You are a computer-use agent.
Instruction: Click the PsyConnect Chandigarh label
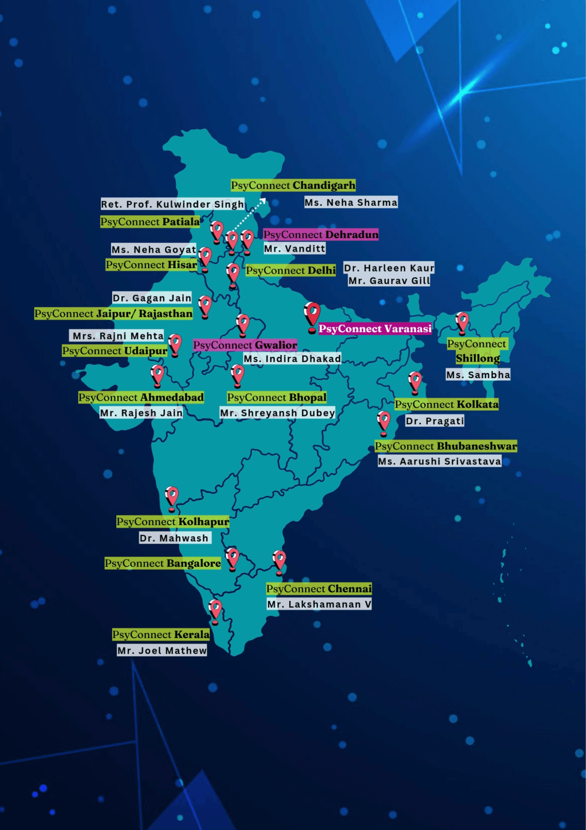293,185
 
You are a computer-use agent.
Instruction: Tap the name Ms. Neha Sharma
351,203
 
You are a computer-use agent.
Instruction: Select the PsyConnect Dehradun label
321,235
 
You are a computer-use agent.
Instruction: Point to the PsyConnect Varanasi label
375,329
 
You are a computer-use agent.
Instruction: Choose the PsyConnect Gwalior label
245,345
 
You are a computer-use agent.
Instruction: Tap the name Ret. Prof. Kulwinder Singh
173,204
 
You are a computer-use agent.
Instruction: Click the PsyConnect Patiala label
150,222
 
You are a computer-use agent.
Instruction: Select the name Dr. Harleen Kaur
389,268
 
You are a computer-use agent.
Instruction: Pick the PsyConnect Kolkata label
447,404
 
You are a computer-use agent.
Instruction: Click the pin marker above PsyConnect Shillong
462,322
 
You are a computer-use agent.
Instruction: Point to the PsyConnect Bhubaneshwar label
446,446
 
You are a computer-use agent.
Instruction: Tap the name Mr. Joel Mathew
162,650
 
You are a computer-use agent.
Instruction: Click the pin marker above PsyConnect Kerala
215,609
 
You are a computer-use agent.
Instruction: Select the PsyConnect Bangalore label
163,563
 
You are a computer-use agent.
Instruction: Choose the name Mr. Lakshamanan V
319,604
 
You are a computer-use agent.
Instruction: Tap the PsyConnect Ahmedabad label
141,397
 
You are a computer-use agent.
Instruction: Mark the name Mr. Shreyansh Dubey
277,413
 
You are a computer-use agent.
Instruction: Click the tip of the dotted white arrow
265,199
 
